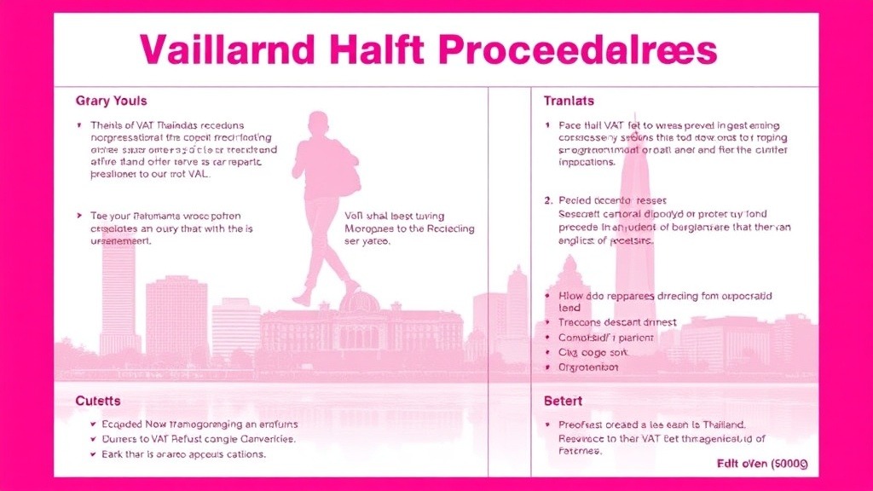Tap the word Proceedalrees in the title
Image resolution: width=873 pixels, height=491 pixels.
pyautogui.click(x=579, y=49)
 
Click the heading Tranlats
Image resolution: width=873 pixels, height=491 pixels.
pyautogui.click(x=569, y=101)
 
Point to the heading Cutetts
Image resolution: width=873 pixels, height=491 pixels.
pyautogui.click(x=97, y=400)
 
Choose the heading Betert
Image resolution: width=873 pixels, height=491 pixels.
pyautogui.click(x=563, y=401)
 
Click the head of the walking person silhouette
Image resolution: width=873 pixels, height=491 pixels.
pyautogui.click(x=317, y=122)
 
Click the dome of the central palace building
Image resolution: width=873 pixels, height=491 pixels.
pyautogui.click(x=359, y=301)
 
